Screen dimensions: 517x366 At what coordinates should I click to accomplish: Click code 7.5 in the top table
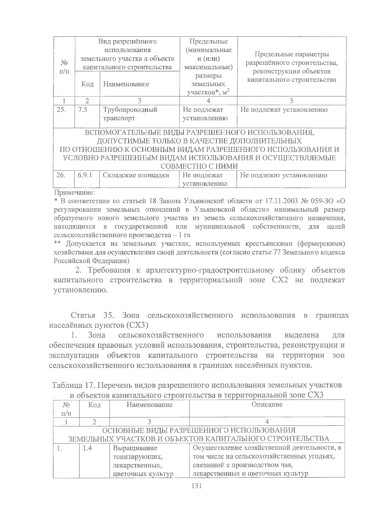click(x=83, y=110)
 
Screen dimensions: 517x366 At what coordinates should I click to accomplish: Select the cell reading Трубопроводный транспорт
click(x=130, y=114)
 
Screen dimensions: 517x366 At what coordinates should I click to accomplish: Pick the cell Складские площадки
click(x=136, y=175)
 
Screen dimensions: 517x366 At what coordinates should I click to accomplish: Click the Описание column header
click(x=267, y=405)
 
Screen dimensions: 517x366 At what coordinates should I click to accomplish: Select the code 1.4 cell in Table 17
click(x=88, y=448)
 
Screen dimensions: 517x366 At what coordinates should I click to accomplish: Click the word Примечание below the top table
click(x=74, y=193)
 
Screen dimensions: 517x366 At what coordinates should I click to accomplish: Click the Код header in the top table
click(x=87, y=84)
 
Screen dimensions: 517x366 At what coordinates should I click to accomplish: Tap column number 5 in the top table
click(x=291, y=101)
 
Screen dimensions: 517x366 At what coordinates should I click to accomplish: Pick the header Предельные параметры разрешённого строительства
click(x=292, y=67)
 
